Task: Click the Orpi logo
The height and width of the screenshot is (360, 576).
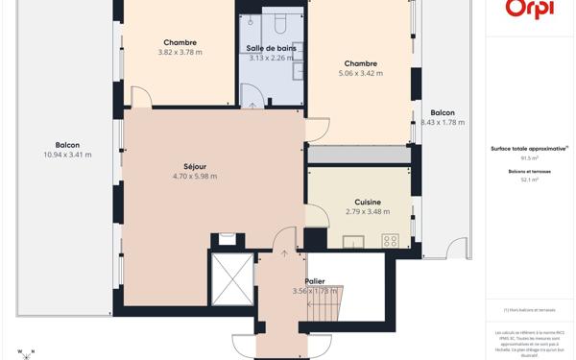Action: (x=530, y=10)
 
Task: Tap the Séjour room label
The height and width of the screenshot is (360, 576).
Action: (x=195, y=166)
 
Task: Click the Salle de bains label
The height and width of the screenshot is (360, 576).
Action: (x=271, y=48)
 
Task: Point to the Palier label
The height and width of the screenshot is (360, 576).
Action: (x=315, y=281)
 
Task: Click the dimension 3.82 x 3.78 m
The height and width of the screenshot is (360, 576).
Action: (x=180, y=53)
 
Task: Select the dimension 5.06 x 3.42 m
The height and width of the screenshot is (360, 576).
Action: (x=363, y=73)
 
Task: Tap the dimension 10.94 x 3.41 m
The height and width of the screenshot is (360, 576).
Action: (x=67, y=155)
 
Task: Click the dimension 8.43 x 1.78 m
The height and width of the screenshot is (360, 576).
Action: (x=443, y=123)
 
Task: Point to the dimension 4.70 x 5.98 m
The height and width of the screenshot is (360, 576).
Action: (x=195, y=177)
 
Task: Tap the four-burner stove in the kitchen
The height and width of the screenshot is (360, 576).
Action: (x=391, y=241)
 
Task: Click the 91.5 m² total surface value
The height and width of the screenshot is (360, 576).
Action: (x=530, y=158)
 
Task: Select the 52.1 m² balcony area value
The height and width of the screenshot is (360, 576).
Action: (x=530, y=180)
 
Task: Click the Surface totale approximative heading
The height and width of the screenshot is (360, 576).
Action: (x=529, y=149)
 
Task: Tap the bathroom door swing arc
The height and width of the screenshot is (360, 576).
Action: (x=253, y=94)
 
